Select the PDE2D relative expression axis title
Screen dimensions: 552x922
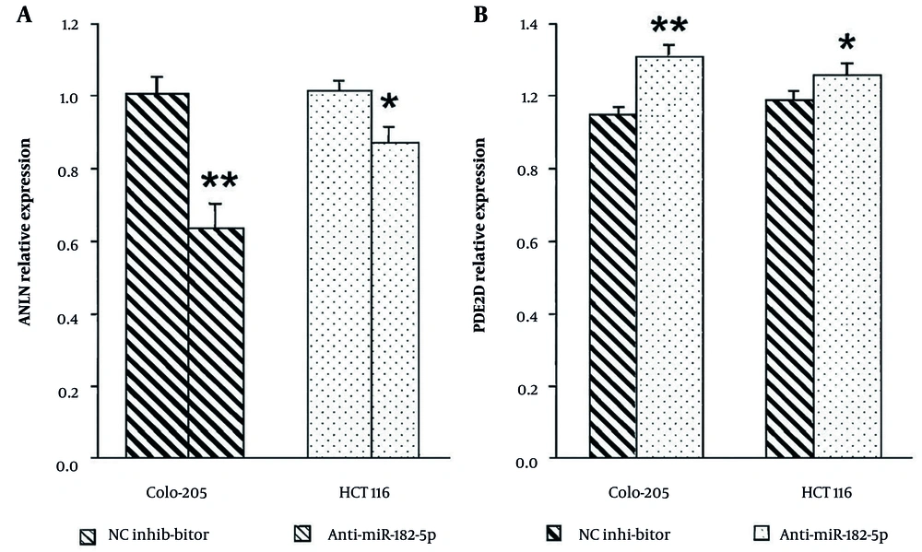(503, 242)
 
